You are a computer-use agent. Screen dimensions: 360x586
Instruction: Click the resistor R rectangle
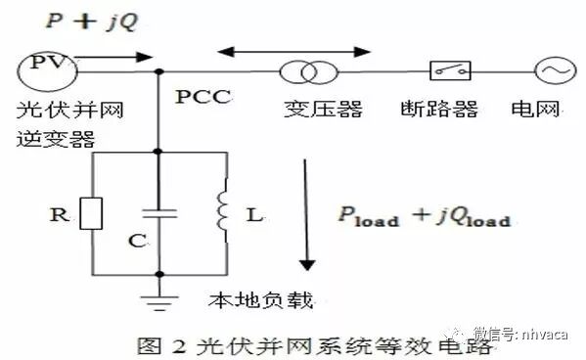91,213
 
